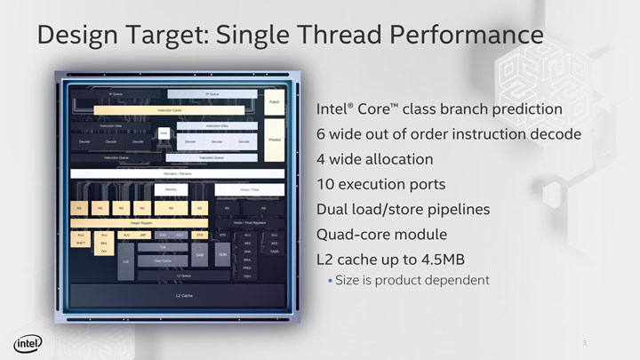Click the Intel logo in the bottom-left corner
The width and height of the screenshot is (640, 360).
[26, 345]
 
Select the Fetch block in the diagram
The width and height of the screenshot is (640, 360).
[275, 102]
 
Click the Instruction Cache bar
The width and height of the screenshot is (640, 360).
[170, 110]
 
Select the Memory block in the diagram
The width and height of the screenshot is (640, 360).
[172, 189]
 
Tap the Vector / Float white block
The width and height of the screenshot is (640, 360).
[249, 189]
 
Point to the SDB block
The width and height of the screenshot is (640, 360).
[222, 254]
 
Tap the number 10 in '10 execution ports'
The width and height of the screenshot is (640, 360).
[325, 185]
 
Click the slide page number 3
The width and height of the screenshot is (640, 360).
[584, 343]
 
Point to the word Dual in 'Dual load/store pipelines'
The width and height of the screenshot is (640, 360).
[332, 211]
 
